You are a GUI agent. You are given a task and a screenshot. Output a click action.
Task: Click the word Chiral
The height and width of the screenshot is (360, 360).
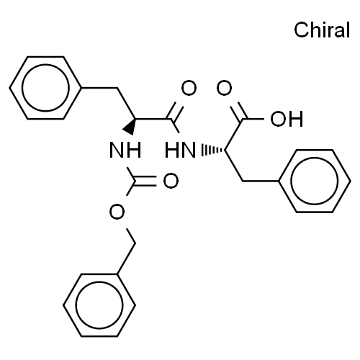pyautogui.click(x=322, y=30)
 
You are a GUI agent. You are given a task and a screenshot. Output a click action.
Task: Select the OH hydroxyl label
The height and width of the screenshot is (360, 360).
pyautogui.click(x=287, y=119)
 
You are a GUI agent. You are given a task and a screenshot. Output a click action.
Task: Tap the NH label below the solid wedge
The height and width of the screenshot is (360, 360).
pyautogui.click(x=125, y=150)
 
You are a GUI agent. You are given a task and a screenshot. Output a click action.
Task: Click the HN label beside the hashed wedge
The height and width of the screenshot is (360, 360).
pyautogui.click(x=180, y=150)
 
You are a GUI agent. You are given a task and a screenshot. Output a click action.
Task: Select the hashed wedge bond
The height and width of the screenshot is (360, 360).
pyautogui.click(x=212, y=150)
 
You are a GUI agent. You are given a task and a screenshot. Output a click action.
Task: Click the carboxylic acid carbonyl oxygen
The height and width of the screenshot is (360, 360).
pyautogui.click(x=224, y=88)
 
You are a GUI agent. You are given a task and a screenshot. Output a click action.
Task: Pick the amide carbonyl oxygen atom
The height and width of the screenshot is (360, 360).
pyautogui.click(x=189, y=88)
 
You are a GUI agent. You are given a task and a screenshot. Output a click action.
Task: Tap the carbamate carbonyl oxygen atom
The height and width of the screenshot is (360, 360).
pyautogui.click(x=171, y=181)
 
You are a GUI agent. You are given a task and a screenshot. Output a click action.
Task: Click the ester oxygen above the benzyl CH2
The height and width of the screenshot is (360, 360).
pyautogui.click(x=117, y=212)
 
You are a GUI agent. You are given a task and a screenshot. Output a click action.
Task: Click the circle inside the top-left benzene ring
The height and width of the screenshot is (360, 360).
pyautogui.click(x=45, y=88)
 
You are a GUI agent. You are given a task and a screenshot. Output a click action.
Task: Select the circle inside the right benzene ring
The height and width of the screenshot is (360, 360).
pyautogui.click(x=315, y=181)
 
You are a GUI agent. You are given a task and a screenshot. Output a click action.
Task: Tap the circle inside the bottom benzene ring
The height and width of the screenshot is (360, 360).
pyautogui.click(x=99, y=305)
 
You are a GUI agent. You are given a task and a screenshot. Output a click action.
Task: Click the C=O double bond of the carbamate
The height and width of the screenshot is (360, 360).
pyautogui.click(x=145, y=181)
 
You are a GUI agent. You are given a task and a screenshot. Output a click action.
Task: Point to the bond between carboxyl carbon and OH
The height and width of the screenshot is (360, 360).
pyautogui.click(x=253, y=119)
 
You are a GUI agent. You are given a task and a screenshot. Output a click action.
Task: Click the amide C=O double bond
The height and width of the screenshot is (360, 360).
pyautogui.click(x=175, y=111)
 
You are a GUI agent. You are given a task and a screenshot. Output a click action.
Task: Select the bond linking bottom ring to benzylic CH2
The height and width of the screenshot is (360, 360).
pyautogui.click(x=126, y=258)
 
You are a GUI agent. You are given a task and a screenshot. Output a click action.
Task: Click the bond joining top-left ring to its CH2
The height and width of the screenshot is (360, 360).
pyautogui.click(x=99, y=88)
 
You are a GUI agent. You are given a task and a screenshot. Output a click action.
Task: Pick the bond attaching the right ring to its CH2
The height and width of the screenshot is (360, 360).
pyautogui.click(x=261, y=181)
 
